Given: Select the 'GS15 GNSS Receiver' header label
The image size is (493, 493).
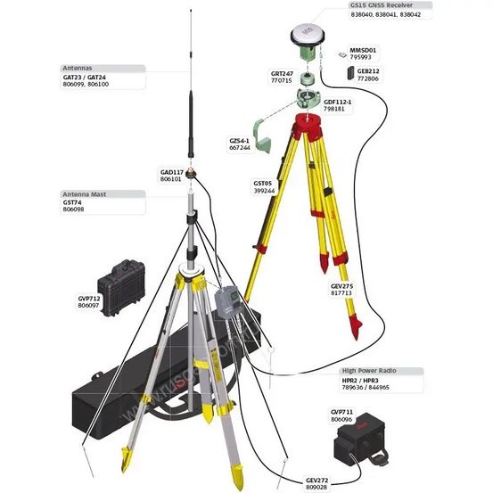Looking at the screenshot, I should coord(387,5).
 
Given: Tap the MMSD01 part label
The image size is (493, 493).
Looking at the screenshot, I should coord(362,50).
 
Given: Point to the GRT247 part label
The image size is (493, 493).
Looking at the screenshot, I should coord(282,72).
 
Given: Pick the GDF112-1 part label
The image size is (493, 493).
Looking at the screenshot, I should coord(337,102).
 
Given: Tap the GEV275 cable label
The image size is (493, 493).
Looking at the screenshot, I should coord(341,286).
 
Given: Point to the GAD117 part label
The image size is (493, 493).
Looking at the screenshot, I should coord(170,171).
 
